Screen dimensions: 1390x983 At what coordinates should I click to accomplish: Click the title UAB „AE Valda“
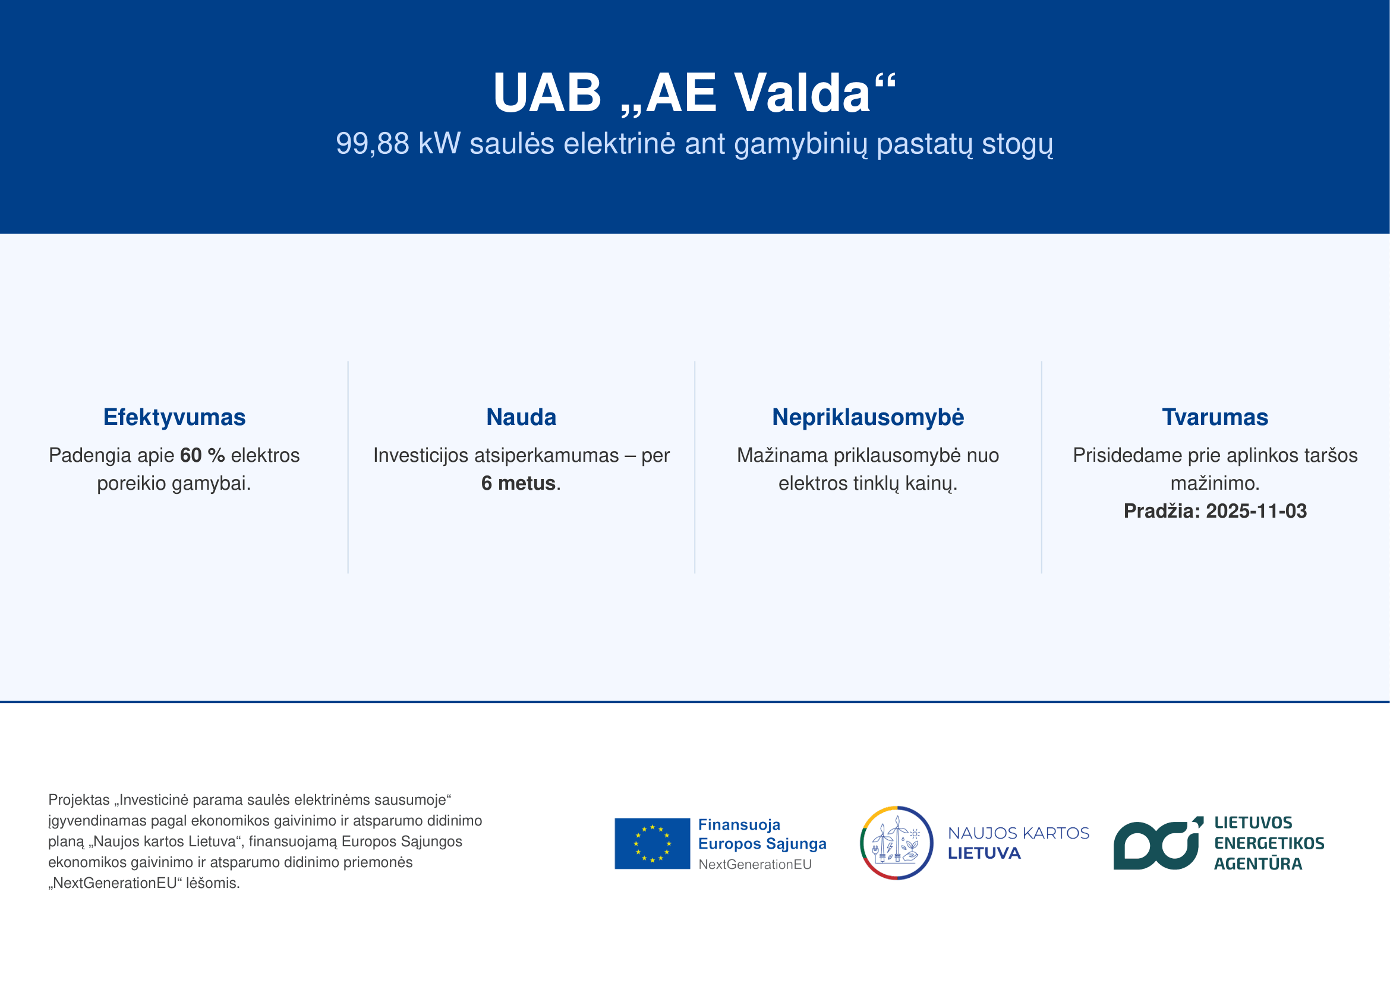pyautogui.click(x=694, y=93)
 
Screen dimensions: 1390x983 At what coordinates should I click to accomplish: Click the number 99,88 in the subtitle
pyautogui.click(x=373, y=144)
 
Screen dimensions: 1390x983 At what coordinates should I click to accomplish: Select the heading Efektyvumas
pyautogui.click(x=174, y=418)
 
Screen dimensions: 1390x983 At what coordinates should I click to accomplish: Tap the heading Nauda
pyautogui.click(x=521, y=417)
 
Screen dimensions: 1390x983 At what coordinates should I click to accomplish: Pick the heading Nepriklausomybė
pyautogui.click(x=868, y=418)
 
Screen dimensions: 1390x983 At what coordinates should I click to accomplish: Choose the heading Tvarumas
pyautogui.click(x=1215, y=417)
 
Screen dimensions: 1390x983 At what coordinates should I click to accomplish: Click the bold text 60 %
pyautogui.click(x=202, y=455)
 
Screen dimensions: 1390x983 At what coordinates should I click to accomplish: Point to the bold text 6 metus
pyautogui.click(x=518, y=483)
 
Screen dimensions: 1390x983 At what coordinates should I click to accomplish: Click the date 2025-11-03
pyautogui.click(x=1256, y=511)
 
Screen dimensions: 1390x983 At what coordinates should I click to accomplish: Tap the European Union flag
pyautogui.click(x=652, y=844)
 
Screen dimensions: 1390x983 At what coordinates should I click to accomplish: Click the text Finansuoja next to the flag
pyautogui.click(x=739, y=825)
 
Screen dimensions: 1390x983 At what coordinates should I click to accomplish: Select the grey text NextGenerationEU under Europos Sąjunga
pyautogui.click(x=755, y=864)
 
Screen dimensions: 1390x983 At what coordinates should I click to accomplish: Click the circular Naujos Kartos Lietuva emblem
pyautogui.click(x=897, y=843)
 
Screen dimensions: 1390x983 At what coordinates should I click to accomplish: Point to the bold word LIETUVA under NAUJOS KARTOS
pyautogui.click(x=984, y=853)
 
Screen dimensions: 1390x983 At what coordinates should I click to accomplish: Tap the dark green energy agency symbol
pyautogui.click(x=1158, y=844)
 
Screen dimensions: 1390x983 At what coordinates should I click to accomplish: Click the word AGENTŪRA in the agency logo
pyautogui.click(x=1258, y=864)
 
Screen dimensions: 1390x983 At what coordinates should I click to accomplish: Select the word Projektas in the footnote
pyautogui.click(x=79, y=800)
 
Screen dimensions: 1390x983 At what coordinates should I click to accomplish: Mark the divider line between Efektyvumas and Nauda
pyautogui.click(x=348, y=467)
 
